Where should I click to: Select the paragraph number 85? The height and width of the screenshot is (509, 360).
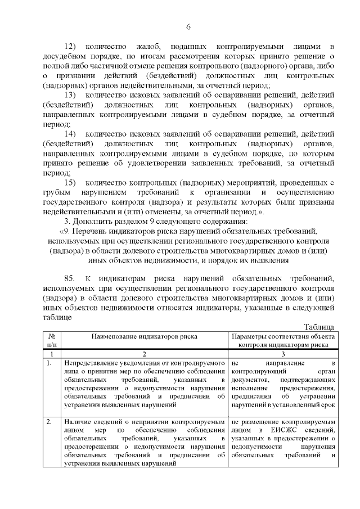pos(70,278)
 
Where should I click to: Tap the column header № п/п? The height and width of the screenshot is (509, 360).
pos(52,341)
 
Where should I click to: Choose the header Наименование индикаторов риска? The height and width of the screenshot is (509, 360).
pos(145,336)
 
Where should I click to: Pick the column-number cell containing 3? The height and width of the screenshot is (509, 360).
pos(283,354)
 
